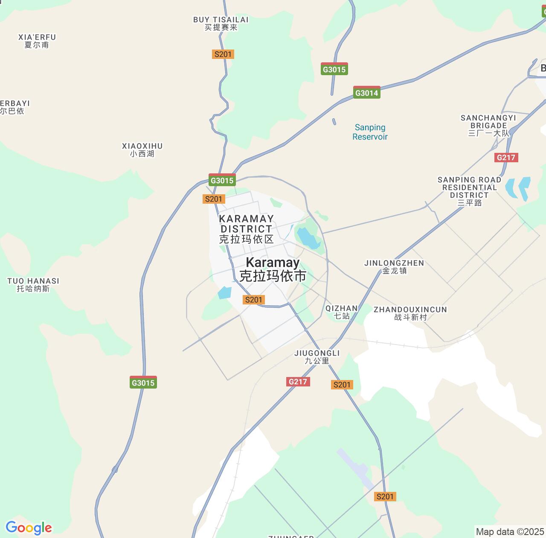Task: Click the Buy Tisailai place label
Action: click(x=221, y=23)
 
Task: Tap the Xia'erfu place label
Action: click(x=37, y=41)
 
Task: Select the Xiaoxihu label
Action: click(x=142, y=150)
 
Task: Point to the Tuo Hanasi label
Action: click(x=33, y=285)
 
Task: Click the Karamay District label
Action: click(x=246, y=229)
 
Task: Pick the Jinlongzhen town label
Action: click(x=394, y=267)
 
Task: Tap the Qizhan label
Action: click(x=342, y=312)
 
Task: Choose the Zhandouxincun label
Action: click(x=410, y=313)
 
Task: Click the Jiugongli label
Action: click(x=317, y=357)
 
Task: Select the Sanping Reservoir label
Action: click(x=370, y=132)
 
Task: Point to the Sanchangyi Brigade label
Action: click(x=488, y=126)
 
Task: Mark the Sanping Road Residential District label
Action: click(x=469, y=191)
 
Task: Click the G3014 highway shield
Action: click(x=366, y=93)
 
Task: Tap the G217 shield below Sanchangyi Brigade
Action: click(x=506, y=158)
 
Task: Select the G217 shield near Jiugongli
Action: click(x=298, y=382)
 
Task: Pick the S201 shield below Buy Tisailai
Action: click(x=223, y=54)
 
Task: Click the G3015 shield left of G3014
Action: click(x=334, y=69)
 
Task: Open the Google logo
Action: click(x=29, y=528)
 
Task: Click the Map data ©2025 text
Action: click(x=509, y=532)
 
